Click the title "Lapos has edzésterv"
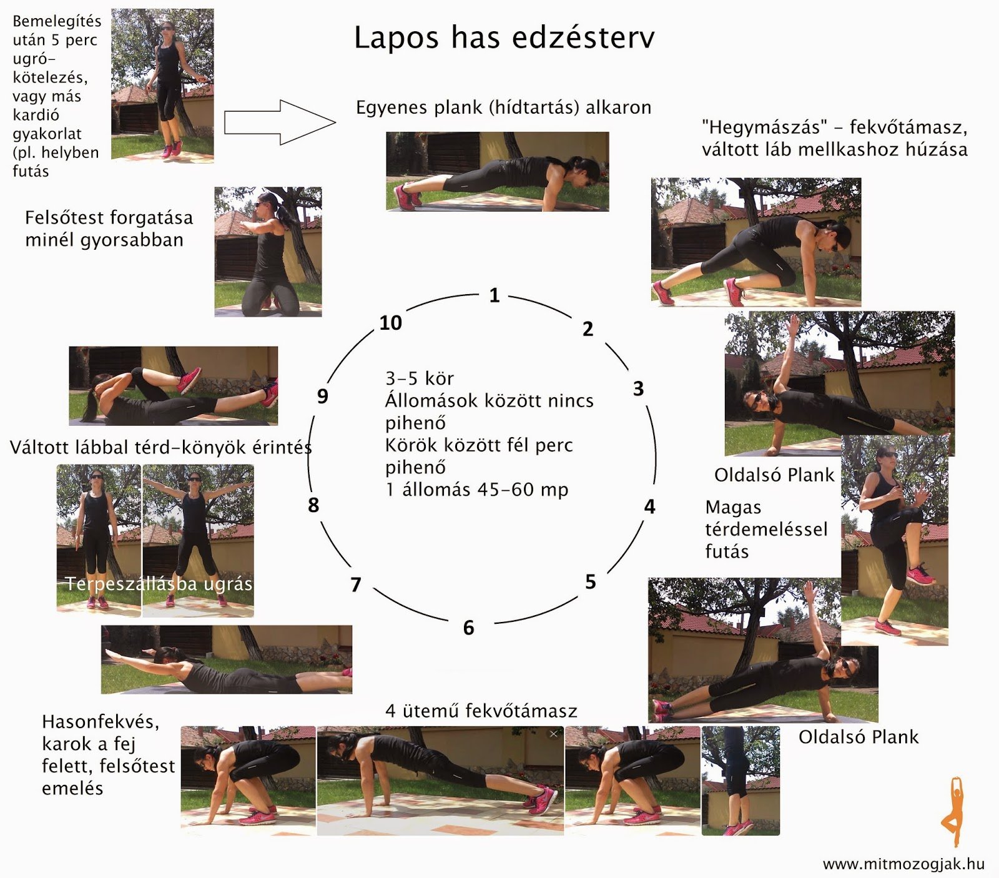point(504,37)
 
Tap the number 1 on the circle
point(494,295)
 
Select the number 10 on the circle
point(391,323)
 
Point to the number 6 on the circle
point(468,628)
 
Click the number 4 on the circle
point(649,506)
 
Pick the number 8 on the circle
point(313,505)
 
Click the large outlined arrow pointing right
point(279,122)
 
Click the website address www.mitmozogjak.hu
point(903,864)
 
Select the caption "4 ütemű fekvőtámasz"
point(481,711)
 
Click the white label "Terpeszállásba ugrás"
point(159,584)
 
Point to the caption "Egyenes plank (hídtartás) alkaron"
point(503,107)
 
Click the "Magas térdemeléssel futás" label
point(765,529)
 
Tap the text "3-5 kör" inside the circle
point(420,378)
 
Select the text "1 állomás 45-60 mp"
point(477,490)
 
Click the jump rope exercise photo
point(162,86)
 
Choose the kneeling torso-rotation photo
point(268,251)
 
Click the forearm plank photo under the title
point(497,171)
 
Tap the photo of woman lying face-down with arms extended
point(226,659)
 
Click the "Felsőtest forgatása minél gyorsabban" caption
point(109,229)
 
